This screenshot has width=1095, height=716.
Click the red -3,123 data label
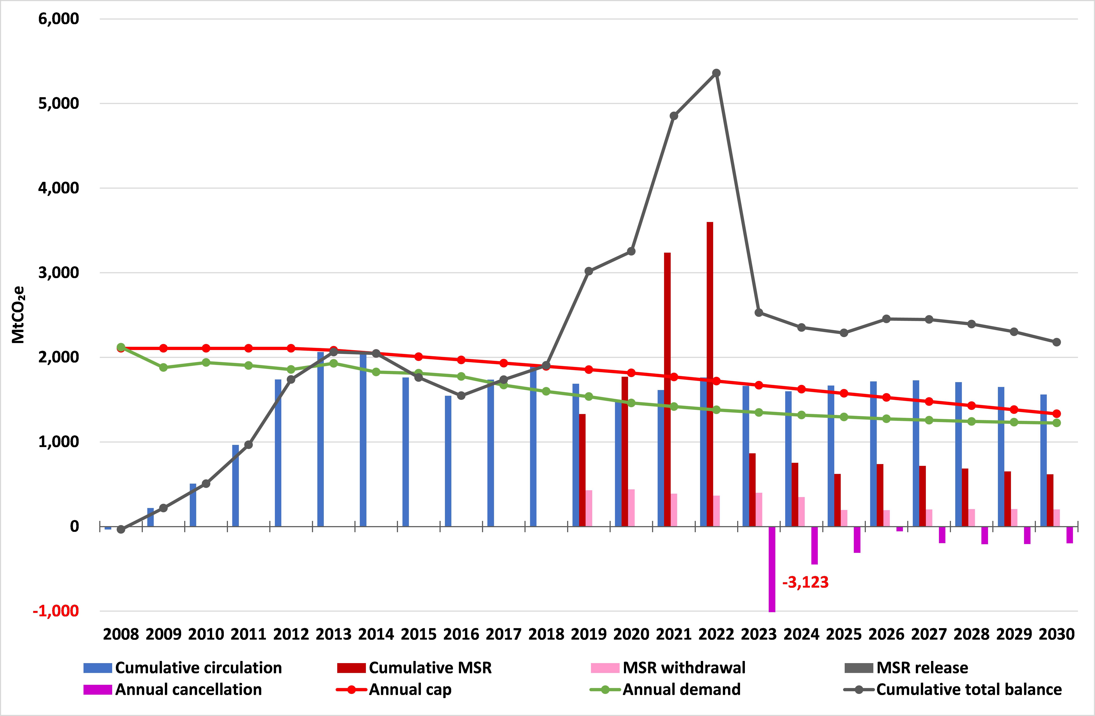click(x=805, y=582)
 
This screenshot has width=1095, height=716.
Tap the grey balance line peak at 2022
click(x=716, y=73)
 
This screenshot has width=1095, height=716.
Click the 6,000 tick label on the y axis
click(x=58, y=19)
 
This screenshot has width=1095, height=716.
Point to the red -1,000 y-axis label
click(x=56, y=611)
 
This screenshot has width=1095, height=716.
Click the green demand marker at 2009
click(x=163, y=367)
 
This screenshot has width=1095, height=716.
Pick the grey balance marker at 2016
click(x=461, y=396)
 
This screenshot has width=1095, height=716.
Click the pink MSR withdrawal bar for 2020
click(x=631, y=507)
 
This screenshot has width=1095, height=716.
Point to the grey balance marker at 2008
click(x=121, y=530)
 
